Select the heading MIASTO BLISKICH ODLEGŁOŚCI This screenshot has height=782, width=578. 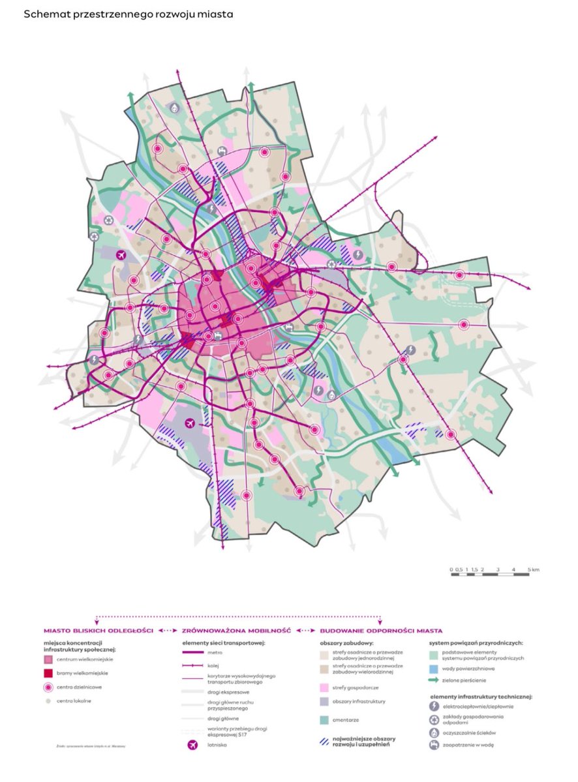98,631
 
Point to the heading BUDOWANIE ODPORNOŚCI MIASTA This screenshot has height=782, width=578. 381,631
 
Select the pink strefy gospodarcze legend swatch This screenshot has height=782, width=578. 323,687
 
